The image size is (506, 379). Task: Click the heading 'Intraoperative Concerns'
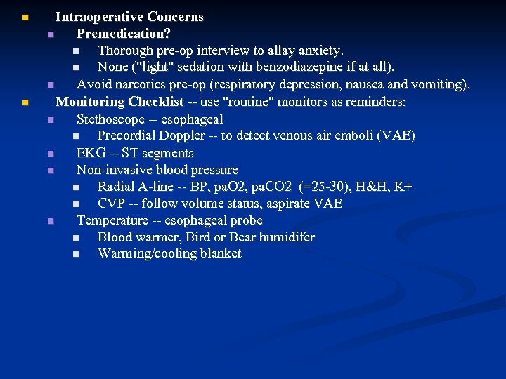click(129, 17)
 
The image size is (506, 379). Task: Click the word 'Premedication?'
click(124, 34)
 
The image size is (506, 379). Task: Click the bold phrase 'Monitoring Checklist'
click(119, 102)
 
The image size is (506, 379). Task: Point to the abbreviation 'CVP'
click(111, 204)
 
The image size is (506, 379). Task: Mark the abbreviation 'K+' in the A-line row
click(404, 187)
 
